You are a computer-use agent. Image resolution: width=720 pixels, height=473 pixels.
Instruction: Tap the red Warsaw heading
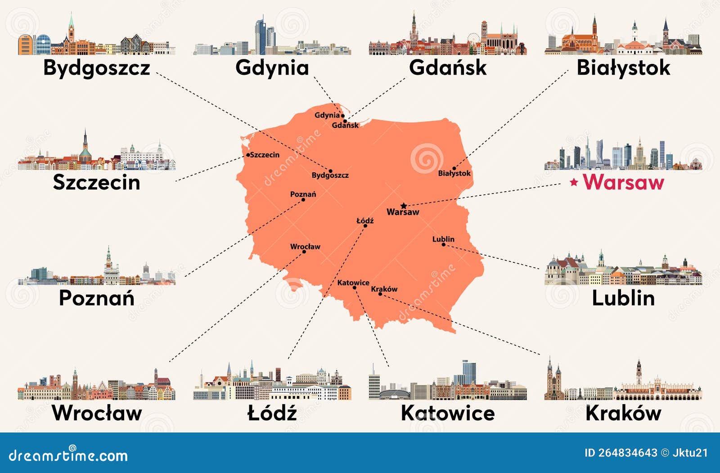pos(623,182)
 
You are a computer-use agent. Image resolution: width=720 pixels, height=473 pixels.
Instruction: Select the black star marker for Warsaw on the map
pos(404,206)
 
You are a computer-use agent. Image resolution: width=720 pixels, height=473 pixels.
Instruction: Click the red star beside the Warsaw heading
pos(574,182)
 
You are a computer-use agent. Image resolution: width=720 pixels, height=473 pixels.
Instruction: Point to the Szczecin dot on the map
pos(248,155)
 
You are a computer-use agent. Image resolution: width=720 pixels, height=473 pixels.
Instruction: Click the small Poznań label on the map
pos(303,194)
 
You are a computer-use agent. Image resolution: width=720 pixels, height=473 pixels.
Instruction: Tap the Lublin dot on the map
pos(443,244)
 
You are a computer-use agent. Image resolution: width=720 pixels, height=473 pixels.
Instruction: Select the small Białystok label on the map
pos(454,173)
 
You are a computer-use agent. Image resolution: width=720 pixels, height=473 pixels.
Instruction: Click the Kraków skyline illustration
pos(623,383)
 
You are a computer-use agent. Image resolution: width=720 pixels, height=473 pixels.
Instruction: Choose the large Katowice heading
pos(448,413)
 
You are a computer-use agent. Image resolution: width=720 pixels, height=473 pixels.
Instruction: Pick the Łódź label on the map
pos(365,221)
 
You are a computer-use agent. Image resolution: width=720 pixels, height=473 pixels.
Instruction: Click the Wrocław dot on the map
pos(304,252)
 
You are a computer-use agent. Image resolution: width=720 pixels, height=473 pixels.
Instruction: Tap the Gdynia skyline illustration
pos(272,38)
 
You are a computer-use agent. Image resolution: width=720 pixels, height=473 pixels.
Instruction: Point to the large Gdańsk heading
pos(448,68)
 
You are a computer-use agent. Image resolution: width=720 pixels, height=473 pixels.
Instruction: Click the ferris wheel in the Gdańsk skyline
pos(473,39)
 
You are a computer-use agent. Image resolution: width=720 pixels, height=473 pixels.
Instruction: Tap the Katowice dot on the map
pos(355,288)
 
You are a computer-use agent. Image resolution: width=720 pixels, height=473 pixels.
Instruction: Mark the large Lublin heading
pos(623,298)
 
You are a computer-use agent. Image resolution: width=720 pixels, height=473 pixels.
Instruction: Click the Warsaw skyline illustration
pos(623,155)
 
